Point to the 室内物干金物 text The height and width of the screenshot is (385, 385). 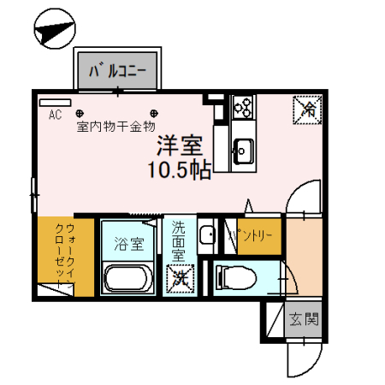115,127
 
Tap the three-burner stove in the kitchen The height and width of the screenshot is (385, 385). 242,107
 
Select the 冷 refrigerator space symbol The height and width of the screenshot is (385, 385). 305,109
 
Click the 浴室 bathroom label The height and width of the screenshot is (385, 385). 128,243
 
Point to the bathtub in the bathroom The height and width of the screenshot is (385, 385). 128,279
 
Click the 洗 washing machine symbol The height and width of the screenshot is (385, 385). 180,278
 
